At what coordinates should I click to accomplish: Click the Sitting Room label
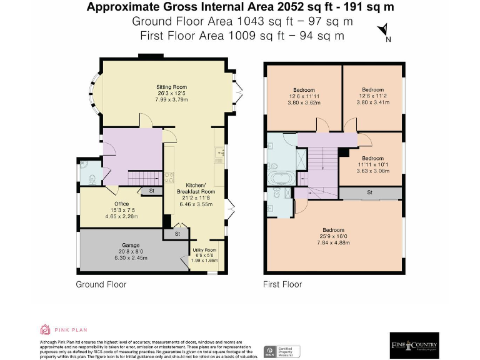(171, 87)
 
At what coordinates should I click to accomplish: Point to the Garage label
(131, 245)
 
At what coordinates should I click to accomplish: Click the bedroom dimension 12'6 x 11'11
(304, 96)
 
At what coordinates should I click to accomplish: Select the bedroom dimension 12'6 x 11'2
(372, 96)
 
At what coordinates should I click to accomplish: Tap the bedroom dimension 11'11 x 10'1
(373, 165)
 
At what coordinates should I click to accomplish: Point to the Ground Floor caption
(101, 284)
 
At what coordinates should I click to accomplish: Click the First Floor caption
(282, 284)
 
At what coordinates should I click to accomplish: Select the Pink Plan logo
(64, 329)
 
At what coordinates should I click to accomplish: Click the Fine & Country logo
(414, 345)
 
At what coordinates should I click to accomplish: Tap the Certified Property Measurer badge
(282, 351)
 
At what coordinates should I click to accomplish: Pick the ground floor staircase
(143, 178)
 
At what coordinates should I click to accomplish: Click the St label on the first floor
(369, 192)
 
